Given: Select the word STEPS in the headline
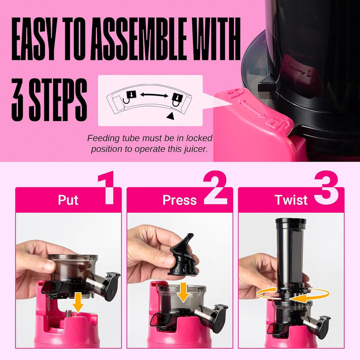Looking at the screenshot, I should click(x=58, y=98).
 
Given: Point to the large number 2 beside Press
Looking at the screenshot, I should click(x=215, y=188).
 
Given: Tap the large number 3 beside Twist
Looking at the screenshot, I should click(x=326, y=188).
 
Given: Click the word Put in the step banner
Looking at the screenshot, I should click(x=68, y=200).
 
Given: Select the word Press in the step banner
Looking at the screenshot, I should click(x=179, y=200).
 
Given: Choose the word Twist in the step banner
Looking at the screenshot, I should click(x=291, y=200).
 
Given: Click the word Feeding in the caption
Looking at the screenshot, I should click(x=103, y=138).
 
